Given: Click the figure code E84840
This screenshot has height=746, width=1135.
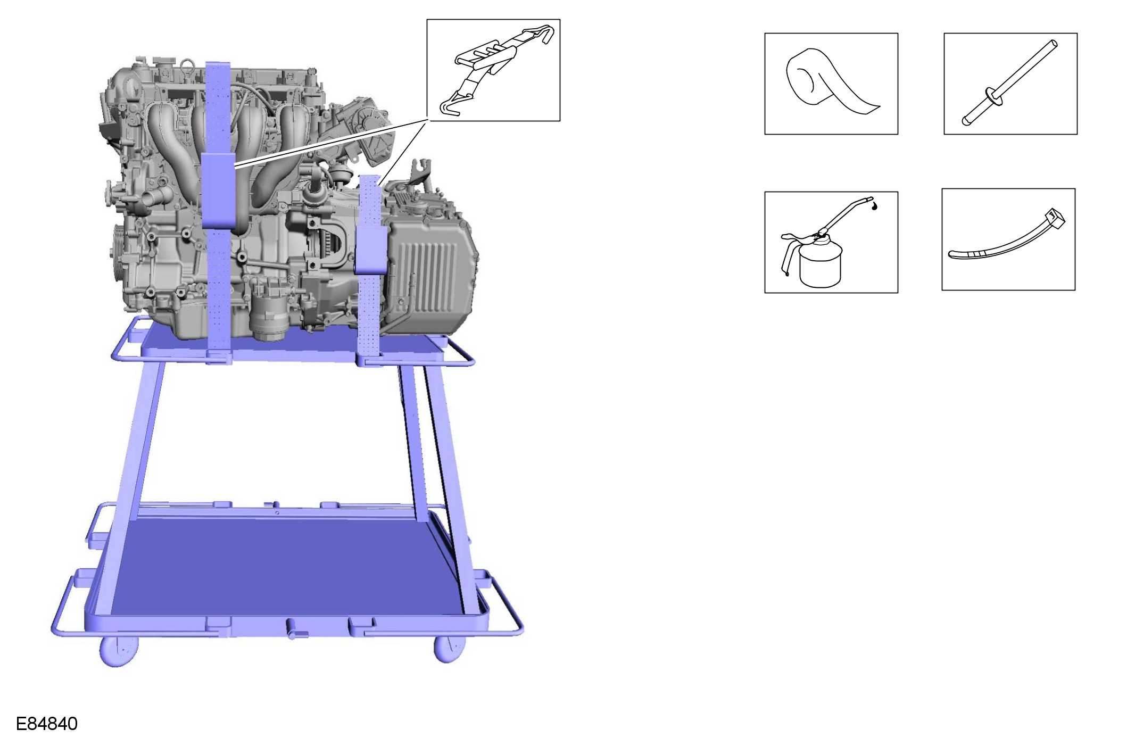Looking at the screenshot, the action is [47, 724].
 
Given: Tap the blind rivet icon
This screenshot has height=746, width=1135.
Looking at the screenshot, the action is [1009, 83].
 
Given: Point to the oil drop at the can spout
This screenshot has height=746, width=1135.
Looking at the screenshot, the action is [874, 204].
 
